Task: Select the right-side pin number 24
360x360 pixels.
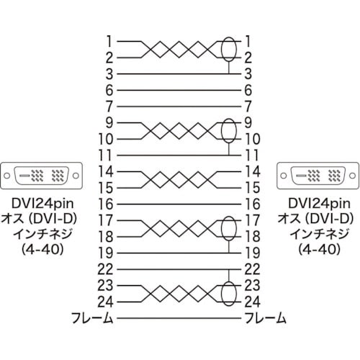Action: tap(251, 301)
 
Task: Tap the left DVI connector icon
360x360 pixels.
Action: tap(40, 176)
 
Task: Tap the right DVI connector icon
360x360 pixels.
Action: tap(318, 176)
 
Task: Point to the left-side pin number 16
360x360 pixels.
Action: tap(105, 204)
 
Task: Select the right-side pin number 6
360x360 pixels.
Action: tap(249, 90)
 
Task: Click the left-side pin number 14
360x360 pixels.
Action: tap(105, 171)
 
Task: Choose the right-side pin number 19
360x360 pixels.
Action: tap(251, 253)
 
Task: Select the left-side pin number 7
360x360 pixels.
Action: tap(109, 106)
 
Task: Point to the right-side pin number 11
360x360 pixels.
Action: tap(251, 155)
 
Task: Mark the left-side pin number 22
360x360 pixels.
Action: tap(105, 269)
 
